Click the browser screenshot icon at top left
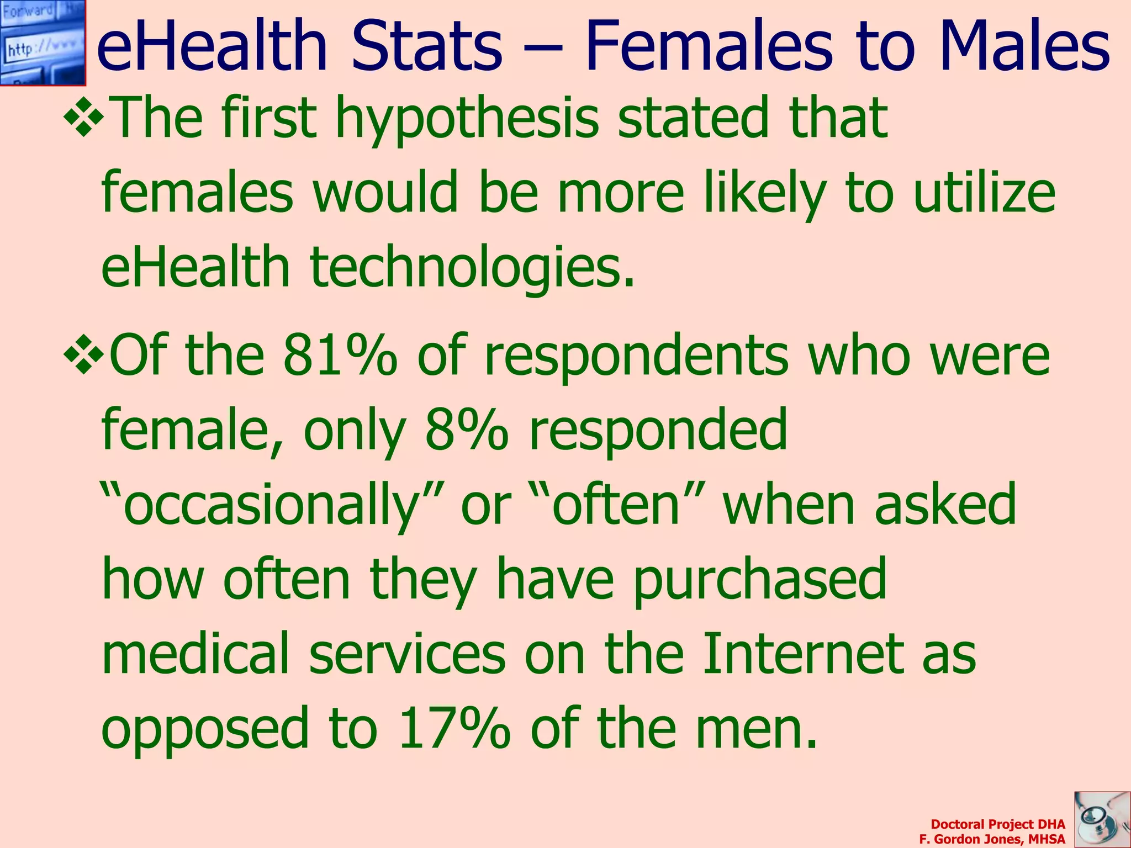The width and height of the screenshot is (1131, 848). [x=43, y=43]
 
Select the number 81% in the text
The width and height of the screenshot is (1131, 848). [x=339, y=356]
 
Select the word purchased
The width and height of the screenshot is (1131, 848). [x=759, y=580]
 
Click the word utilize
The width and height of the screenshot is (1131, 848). [x=984, y=193]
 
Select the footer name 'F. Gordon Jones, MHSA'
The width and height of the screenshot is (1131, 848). [x=992, y=839]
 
